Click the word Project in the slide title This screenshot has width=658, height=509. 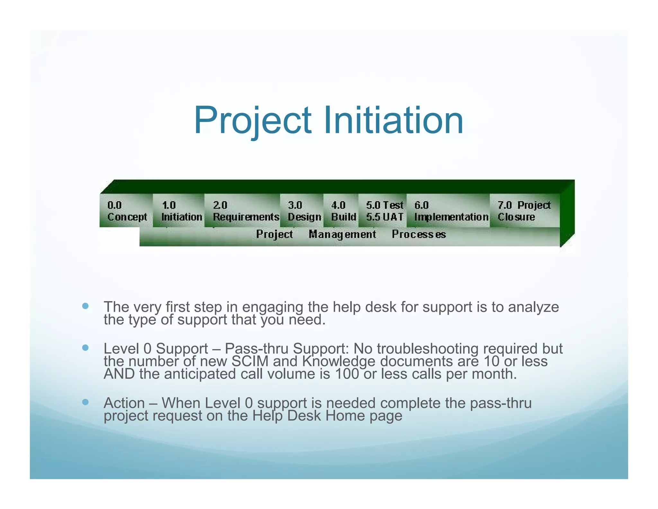click(x=253, y=121)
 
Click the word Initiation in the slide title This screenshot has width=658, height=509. click(x=393, y=121)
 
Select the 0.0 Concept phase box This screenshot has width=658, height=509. click(x=127, y=211)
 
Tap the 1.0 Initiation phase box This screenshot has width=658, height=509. click(x=179, y=211)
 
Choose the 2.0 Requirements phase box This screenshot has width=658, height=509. click(x=243, y=211)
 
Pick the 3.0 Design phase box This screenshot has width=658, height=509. click(x=302, y=211)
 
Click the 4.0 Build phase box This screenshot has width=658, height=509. click(x=341, y=211)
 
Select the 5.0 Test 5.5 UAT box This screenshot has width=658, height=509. click(x=383, y=211)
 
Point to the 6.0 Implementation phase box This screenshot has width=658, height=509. click(x=449, y=211)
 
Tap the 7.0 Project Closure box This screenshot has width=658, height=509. click(x=525, y=211)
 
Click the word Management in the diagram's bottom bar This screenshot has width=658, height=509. click(x=342, y=235)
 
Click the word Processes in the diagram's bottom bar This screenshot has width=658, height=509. click(x=419, y=235)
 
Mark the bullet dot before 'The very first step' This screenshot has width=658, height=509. click(x=85, y=306)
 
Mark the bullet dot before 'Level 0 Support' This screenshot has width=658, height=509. click(x=85, y=348)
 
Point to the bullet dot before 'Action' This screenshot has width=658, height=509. click(x=85, y=402)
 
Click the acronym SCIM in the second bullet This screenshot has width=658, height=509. click(x=250, y=361)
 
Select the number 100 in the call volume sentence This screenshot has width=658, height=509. click(x=346, y=374)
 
